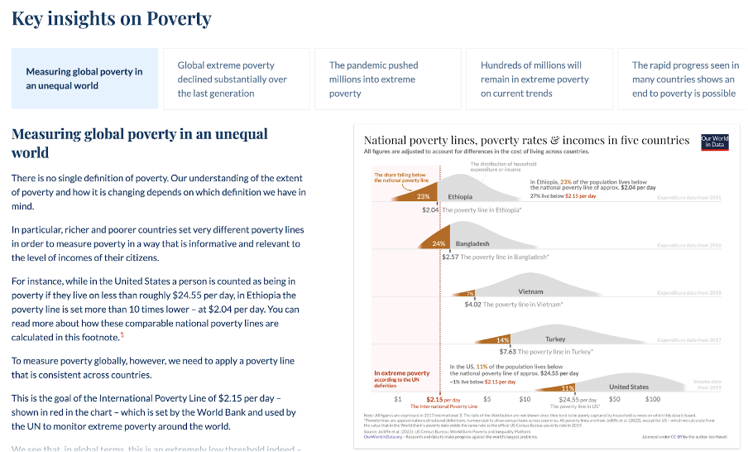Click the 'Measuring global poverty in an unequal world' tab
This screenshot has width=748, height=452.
click(x=84, y=79)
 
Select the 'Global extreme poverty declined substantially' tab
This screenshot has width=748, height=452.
click(x=233, y=79)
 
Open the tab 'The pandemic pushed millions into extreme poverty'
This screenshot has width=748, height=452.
click(x=384, y=79)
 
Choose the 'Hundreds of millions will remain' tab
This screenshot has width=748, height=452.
click(x=535, y=79)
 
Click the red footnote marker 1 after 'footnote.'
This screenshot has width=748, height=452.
click(x=122, y=334)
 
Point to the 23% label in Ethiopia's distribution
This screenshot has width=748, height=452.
click(x=423, y=197)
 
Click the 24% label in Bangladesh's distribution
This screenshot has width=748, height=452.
click(x=439, y=243)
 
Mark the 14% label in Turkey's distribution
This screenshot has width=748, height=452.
click(x=502, y=340)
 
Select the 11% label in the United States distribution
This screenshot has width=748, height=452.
click(x=568, y=387)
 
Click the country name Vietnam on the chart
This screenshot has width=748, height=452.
click(x=530, y=291)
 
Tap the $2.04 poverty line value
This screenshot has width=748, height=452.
click(x=430, y=210)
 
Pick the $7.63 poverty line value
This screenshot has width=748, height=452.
click(x=485, y=352)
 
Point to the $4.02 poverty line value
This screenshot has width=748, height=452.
click(x=472, y=305)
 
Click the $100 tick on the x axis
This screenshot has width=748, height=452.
click(x=630, y=399)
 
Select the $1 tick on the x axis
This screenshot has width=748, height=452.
click(x=398, y=399)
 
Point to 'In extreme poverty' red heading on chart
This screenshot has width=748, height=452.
click(x=402, y=373)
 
